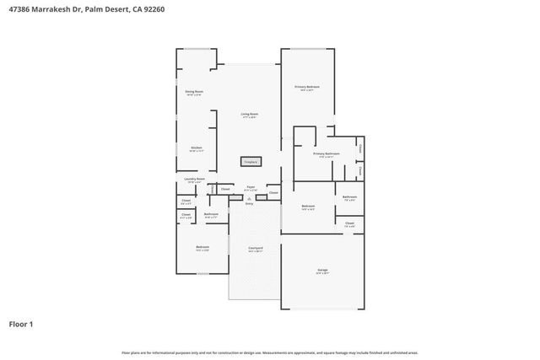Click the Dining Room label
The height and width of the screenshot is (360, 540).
[194, 92]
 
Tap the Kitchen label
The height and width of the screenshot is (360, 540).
[196, 148]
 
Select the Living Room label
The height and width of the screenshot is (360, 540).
[249, 115]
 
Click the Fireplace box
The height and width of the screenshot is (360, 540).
[251, 161]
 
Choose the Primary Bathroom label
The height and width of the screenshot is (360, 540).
[326, 154]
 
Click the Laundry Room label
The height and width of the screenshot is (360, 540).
[193, 180]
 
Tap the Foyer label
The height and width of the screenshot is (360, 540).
[251, 188]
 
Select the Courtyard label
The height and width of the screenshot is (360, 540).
[255, 249]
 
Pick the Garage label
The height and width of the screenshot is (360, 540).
[322, 271]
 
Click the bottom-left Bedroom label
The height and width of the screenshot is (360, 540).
[202, 248]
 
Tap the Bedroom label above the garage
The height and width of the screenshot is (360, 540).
[308, 207]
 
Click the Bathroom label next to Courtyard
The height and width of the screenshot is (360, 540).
[211, 215]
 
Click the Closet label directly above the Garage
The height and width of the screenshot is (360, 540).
[349, 224]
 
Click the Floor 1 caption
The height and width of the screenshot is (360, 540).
[21, 324]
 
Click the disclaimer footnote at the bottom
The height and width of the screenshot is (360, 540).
[269, 352]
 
